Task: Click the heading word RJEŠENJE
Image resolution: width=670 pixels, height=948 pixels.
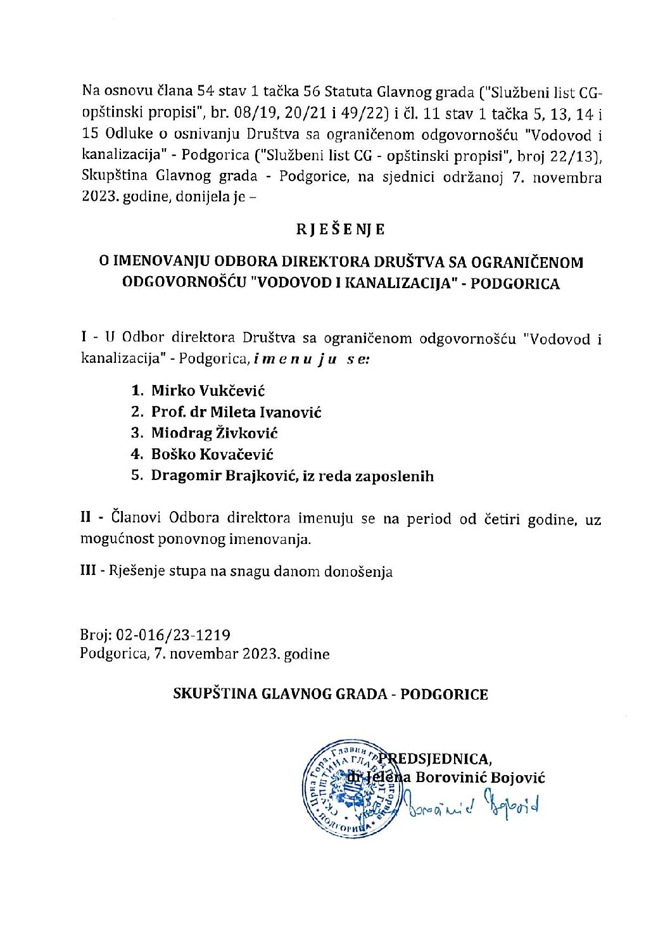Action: [340, 229]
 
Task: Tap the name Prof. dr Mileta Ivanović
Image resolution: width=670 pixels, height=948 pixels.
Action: [236, 412]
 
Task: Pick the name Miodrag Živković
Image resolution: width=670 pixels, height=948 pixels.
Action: [214, 433]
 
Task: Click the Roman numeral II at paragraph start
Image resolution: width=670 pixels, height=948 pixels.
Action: [87, 518]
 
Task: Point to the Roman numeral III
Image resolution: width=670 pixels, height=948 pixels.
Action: [88, 571]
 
